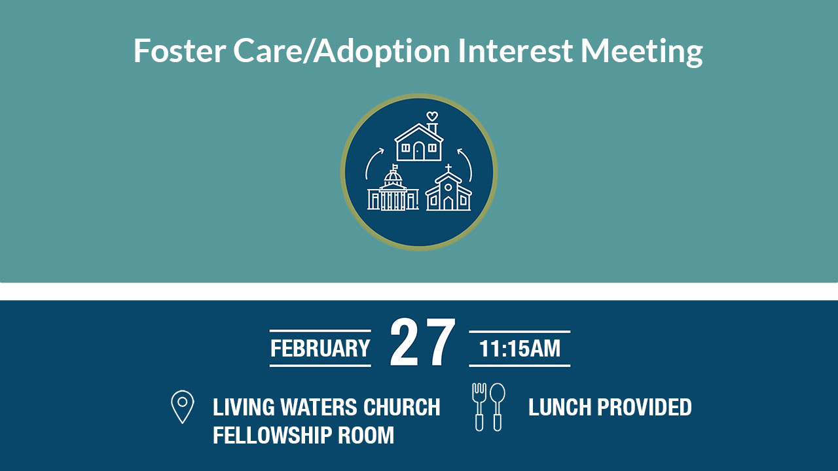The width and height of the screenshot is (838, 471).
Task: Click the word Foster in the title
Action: (x=179, y=50)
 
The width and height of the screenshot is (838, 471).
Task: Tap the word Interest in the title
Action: (x=515, y=50)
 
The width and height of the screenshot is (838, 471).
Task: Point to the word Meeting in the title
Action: (x=641, y=52)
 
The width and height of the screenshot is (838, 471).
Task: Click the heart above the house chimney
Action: (x=432, y=116)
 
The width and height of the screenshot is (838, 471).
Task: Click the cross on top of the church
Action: (x=448, y=167)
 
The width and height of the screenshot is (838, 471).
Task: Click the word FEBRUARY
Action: (x=320, y=349)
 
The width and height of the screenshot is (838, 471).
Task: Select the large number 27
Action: (x=423, y=342)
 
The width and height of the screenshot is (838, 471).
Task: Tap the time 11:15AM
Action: (x=520, y=349)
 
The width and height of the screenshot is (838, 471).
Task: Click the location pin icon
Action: (x=183, y=407)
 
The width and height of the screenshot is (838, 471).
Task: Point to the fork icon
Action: (x=479, y=407)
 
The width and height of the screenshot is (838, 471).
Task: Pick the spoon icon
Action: (x=498, y=407)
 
